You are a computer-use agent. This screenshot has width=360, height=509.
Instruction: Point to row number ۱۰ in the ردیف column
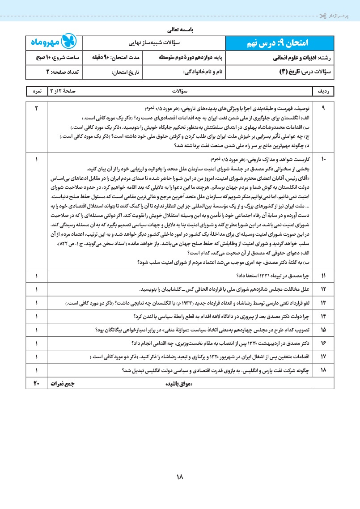tap(324, 159)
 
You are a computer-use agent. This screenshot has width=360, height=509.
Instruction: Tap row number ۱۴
tap(324, 316)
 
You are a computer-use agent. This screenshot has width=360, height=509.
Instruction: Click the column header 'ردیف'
tap(324, 91)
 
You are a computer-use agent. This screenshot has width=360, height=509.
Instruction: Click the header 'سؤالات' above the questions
tap(180, 91)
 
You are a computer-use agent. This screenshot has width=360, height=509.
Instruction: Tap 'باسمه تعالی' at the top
tap(180, 31)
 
